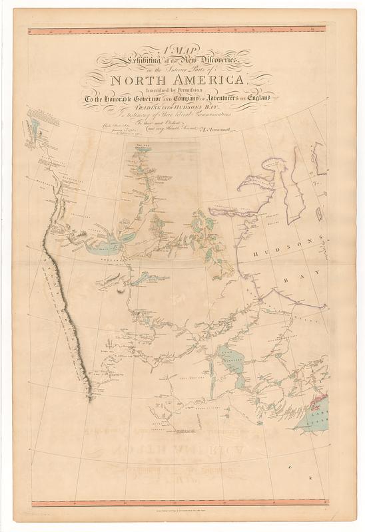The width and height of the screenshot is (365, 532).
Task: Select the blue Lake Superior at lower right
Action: (x=313, y=418)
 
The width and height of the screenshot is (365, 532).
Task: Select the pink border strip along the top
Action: (x=177, y=29)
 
